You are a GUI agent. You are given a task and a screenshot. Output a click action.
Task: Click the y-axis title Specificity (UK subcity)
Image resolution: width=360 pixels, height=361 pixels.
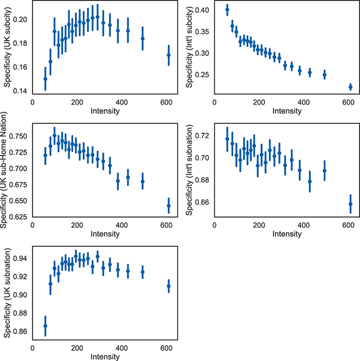7,48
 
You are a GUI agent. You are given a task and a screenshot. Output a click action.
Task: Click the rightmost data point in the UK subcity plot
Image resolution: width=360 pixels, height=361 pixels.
169,55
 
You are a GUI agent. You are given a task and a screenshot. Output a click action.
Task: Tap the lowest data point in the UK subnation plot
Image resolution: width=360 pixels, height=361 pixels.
45,326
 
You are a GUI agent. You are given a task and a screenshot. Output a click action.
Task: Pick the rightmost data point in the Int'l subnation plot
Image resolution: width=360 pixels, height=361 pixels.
350,204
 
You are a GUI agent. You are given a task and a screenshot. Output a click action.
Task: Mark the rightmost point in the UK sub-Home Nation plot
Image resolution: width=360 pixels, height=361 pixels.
169,206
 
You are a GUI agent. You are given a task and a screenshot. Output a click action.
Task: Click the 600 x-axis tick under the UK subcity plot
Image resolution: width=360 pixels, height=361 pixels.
166,102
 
